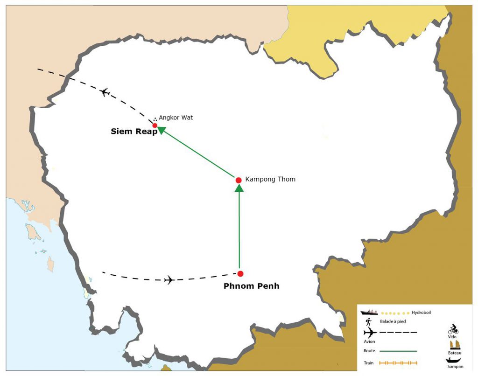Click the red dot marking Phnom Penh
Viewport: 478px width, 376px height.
[x=240, y=274]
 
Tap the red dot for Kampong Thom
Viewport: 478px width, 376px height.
[x=239, y=180]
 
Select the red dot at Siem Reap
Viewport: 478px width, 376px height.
[x=155, y=125]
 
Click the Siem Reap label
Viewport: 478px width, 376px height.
[x=134, y=132]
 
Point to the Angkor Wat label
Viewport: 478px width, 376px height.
[x=176, y=118]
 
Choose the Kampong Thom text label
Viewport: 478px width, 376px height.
[x=270, y=179]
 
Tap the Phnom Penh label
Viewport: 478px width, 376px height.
[x=251, y=286]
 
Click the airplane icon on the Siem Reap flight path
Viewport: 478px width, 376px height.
[x=105, y=92]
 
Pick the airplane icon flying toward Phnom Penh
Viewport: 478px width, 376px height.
[x=169, y=280]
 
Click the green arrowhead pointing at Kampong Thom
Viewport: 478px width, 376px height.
[x=239, y=188]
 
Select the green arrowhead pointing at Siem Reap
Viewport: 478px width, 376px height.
[x=161, y=131]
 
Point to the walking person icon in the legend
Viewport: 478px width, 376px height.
[x=369, y=321]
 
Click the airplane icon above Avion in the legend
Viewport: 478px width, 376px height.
[x=370, y=333]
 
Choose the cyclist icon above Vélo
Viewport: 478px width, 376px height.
[x=453, y=329]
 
